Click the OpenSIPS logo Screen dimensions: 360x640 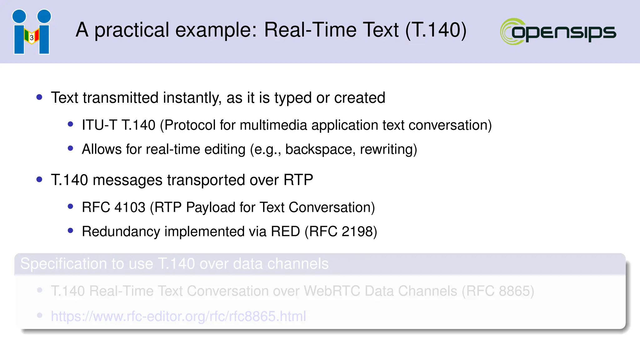558,32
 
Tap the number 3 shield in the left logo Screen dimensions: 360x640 32,37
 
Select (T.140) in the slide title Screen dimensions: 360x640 436,30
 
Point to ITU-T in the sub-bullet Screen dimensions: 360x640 99,125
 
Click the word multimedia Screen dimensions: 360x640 273,125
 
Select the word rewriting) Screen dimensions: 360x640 388,149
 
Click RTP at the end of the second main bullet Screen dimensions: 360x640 298,180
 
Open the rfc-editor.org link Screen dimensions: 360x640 178,316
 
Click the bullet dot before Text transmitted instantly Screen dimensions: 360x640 39,97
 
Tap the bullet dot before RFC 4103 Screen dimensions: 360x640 71,206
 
